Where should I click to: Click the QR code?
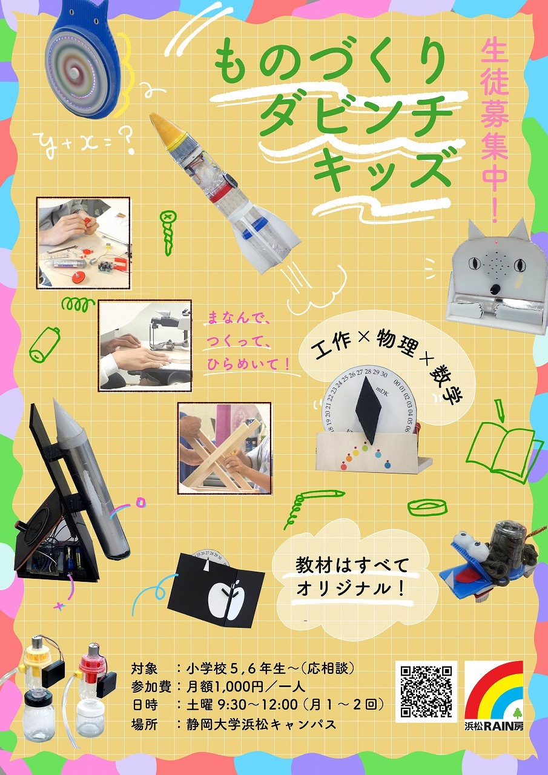[426, 691]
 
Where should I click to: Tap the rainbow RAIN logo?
[494, 691]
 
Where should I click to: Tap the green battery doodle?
[44, 345]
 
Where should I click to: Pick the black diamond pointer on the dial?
[369, 411]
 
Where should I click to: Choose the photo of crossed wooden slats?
[225, 448]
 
